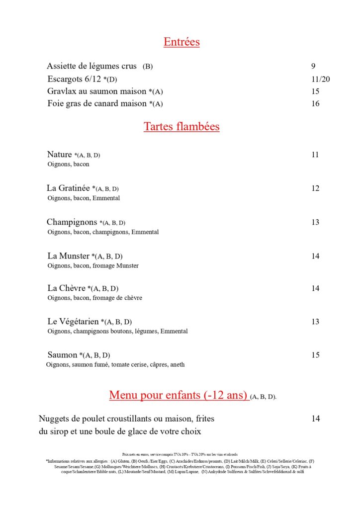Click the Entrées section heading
(181, 42)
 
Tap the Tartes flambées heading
(181, 127)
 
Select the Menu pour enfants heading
(179, 395)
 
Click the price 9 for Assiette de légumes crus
(313, 66)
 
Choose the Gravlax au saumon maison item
(97, 91)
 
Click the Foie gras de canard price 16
(315, 103)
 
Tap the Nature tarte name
(60, 155)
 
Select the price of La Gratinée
(315, 188)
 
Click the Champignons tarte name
(72, 222)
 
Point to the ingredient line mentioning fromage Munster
(93, 266)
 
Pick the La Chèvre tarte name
(67, 288)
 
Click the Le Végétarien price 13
(315, 322)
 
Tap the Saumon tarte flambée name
(62, 355)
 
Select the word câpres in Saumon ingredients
(157, 365)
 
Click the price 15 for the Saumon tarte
(315, 355)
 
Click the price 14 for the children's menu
(316, 419)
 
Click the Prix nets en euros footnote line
(180, 454)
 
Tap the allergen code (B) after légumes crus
(148, 67)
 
